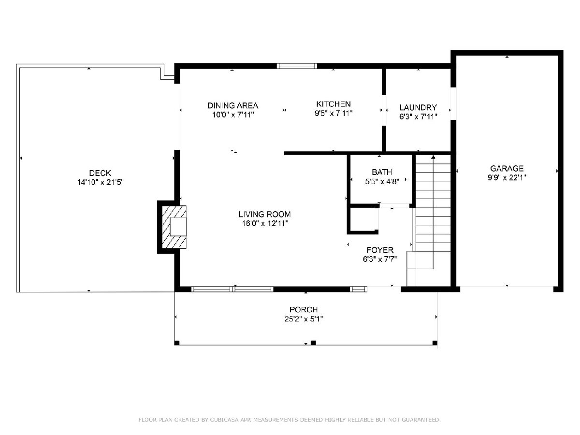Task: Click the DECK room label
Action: (x=100, y=173)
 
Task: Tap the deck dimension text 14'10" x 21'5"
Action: (x=100, y=182)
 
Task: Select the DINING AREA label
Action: (x=232, y=106)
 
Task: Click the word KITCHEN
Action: (x=333, y=104)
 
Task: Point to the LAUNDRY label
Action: (x=418, y=107)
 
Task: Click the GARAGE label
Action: (x=507, y=168)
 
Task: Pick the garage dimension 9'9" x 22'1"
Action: (x=507, y=177)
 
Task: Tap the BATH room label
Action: (x=382, y=172)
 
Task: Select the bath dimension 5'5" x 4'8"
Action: (x=382, y=181)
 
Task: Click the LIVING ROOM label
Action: (x=264, y=214)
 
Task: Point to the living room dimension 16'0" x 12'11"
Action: (x=265, y=223)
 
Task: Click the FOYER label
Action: (x=380, y=250)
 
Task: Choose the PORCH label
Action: (x=304, y=309)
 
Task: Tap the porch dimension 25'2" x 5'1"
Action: (x=304, y=319)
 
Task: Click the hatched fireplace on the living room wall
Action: (x=174, y=227)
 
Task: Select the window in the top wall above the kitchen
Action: (x=297, y=66)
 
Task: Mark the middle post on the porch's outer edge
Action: (x=313, y=343)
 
